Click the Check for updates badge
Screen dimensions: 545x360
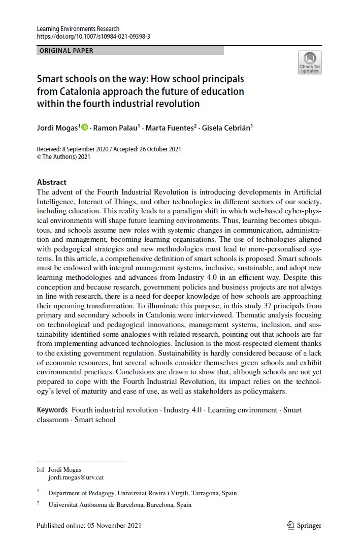[x=309, y=62]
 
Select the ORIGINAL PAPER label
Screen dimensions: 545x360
[x=67, y=51]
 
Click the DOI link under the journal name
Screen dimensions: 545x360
[x=93, y=37]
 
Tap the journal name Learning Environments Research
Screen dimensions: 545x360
[x=78, y=29]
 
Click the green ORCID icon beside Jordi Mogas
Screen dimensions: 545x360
[x=84, y=127]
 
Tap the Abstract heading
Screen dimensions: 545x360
[x=52, y=182]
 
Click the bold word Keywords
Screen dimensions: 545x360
[x=52, y=410]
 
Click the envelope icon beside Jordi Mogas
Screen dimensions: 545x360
[x=41, y=470]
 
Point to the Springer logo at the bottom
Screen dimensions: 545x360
[x=304, y=525]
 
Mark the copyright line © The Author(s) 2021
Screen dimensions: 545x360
[x=63, y=157]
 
